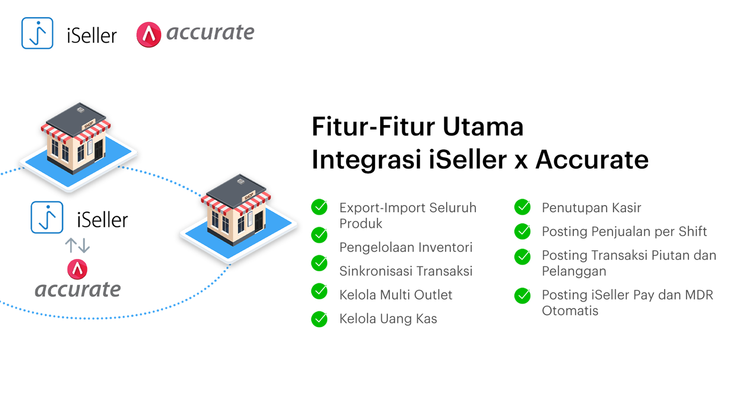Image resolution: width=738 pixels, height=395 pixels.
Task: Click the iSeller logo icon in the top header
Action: coord(37,33)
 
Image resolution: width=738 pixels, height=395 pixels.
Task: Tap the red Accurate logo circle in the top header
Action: coord(149,35)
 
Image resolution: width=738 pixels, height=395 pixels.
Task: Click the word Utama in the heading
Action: coord(483,126)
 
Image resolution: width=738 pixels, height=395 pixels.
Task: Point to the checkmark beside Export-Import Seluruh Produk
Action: coord(319,207)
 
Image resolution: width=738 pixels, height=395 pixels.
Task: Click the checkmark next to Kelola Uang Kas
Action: coord(319,319)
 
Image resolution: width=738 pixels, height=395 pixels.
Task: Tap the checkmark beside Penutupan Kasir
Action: coord(522,207)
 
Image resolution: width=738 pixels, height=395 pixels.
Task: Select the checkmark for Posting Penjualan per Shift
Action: coord(522,231)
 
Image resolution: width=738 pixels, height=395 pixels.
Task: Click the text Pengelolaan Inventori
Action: coord(406,247)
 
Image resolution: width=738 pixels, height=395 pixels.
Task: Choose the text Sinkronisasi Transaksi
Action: coord(406,271)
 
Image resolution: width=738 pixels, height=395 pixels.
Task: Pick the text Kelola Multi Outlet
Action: coord(396,295)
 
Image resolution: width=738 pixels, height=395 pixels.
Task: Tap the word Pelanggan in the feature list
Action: coord(574,271)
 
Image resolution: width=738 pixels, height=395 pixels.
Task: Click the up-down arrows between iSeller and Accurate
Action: coord(77,245)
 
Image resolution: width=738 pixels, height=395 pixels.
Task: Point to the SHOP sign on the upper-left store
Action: coord(89,124)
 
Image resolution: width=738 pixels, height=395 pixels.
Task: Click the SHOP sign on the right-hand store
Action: coord(249,196)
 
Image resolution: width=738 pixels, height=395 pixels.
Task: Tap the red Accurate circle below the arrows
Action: coord(77,269)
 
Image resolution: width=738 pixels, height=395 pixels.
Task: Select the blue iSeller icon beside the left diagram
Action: coord(47,217)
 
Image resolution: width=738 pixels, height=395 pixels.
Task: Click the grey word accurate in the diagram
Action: coord(77,290)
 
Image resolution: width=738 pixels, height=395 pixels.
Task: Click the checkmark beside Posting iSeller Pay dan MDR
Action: coord(522,295)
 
